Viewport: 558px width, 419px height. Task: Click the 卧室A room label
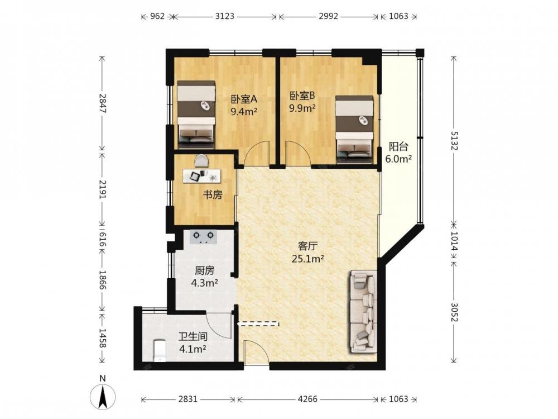pos(244,99)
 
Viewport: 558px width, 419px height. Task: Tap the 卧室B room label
pos(302,96)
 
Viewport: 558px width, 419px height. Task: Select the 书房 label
pos(213,194)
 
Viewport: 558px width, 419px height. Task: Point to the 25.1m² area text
pos(307,259)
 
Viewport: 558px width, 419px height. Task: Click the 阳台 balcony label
pos(398,146)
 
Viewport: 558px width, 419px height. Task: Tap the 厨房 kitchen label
pos(205,271)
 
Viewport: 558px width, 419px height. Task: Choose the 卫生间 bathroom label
pos(193,336)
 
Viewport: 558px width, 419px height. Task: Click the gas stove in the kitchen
pos(203,237)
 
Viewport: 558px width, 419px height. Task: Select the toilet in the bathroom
pos(159,351)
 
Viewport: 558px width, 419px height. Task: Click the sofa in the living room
pos(363,312)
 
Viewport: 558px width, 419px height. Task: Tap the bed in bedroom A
pos(196,115)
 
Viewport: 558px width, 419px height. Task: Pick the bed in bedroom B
pos(354,130)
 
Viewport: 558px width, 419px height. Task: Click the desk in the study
pos(202,176)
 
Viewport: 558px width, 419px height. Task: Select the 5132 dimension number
pos(454,141)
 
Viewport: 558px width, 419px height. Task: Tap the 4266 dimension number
pos(307,399)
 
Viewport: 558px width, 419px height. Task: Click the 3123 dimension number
pos(224,16)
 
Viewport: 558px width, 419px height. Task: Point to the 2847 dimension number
pos(103,103)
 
